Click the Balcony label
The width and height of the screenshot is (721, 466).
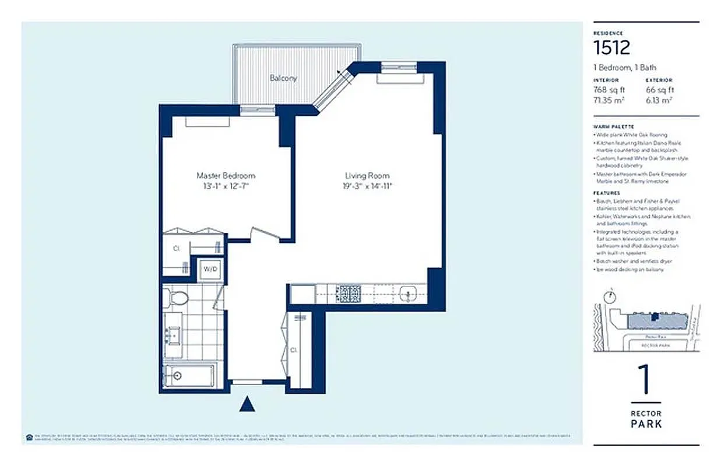coord(283,78)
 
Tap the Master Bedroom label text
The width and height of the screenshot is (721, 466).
coord(226,175)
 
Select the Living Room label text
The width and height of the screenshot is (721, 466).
coord(367,175)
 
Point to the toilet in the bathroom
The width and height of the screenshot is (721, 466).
coord(177,299)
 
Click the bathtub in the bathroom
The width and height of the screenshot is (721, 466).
coord(189,376)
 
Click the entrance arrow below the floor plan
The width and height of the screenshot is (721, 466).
coord(248,403)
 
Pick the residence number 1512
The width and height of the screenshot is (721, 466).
coord(612,47)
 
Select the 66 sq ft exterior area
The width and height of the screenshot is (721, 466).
coord(660,90)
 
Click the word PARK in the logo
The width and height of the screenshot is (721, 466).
coord(646,424)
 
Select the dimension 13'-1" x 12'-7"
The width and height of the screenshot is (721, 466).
coord(226,186)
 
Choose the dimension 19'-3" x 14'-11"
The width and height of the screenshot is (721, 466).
coord(367,186)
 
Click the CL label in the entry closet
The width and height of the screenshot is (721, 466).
coord(294,351)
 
